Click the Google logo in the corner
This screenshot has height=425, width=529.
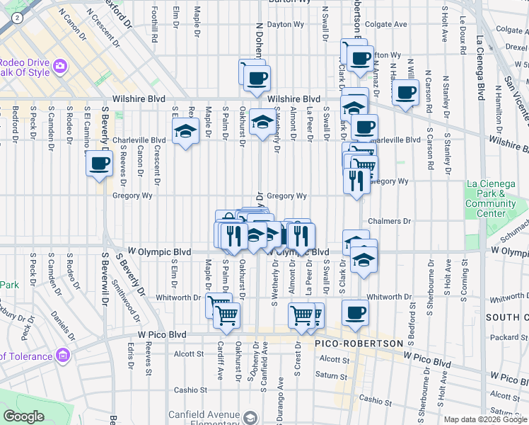click(x=23, y=416)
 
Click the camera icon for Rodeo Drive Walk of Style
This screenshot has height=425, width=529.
click(x=60, y=66)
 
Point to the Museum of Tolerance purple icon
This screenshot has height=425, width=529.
click(x=63, y=355)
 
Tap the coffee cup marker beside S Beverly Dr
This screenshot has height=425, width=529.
click(x=99, y=165)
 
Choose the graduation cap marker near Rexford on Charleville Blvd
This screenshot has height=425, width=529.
click(x=185, y=131)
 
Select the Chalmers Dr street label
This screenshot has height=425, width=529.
click(x=389, y=222)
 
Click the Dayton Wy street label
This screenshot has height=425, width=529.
click(x=284, y=24)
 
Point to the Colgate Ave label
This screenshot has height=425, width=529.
click(x=387, y=24)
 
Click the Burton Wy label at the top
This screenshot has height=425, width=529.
click(x=291, y=2)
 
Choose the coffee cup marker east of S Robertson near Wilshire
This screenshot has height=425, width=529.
click(x=406, y=93)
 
